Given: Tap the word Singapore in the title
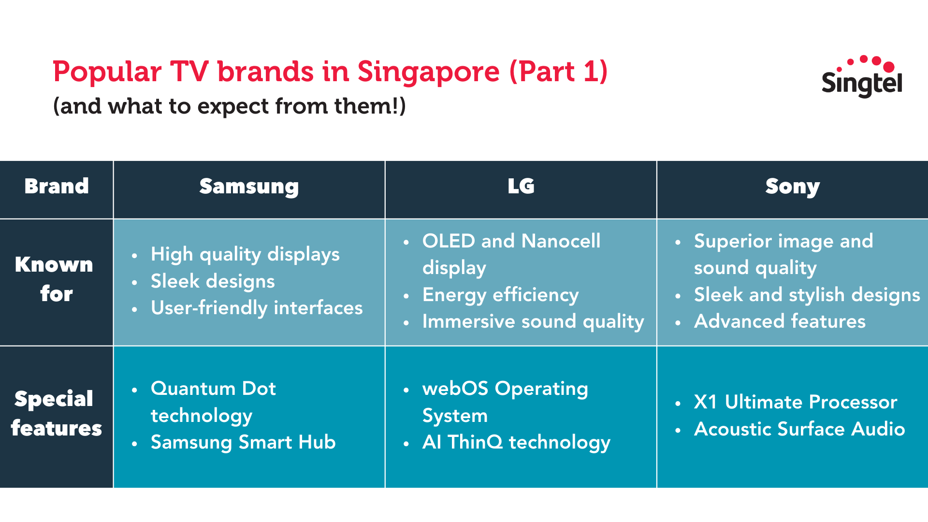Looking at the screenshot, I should pyautogui.click(x=428, y=72).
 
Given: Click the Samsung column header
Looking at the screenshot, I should pyautogui.click(x=249, y=187).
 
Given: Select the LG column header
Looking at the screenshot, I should pyautogui.click(x=521, y=187).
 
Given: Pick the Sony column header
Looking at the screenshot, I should pyautogui.click(x=792, y=187).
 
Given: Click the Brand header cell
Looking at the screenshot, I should pyautogui.click(x=57, y=187).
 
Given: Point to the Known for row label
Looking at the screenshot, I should pyautogui.click(x=55, y=279).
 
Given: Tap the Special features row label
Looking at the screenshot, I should pyautogui.click(x=56, y=414).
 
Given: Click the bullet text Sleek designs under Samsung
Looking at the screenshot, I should pyautogui.click(x=213, y=281).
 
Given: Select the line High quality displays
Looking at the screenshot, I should pyautogui.click(x=245, y=255).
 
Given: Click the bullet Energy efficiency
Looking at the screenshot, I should pyautogui.click(x=500, y=295).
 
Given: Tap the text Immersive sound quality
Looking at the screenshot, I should pyautogui.click(x=533, y=322).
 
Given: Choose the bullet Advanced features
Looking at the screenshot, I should pyautogui.click(x=780, y=322).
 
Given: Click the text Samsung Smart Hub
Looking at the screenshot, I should pyautogui.click(x=243, y=443).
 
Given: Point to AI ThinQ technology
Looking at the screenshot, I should pyautogui.click(x=516, y=443).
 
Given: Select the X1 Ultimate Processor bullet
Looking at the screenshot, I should pyautogui.click(x=796, y=402).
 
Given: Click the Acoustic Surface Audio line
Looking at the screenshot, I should pyautogui.click(x=799, y=429).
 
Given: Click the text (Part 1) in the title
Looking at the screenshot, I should pyautogui.click(x=558, y=72).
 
